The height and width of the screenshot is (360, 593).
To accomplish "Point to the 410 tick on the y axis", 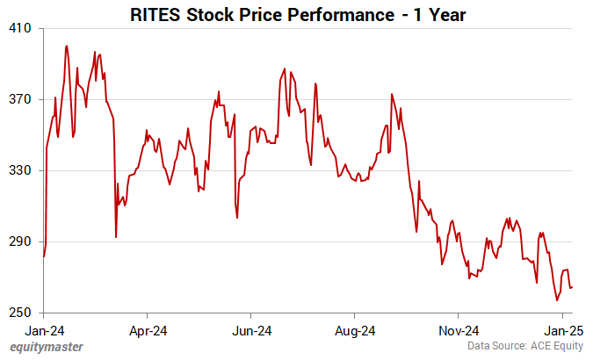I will (x=21, y=28).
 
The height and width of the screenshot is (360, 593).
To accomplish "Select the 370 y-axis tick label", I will (x=21, y=99).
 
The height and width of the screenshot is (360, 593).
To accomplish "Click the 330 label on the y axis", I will (x=21, y=170).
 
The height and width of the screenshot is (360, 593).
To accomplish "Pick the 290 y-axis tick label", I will (x=21, y=241).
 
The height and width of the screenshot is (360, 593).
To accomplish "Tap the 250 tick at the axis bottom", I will (x=21, y=313).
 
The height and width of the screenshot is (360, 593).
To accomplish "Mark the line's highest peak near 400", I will (x=67, y=46).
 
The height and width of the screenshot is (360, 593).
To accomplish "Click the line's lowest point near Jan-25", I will (x=557, y=300).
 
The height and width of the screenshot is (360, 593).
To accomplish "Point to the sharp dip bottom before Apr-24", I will (x=116, y=237).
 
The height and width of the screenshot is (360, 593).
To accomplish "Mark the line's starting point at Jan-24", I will (x=44, y=256).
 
